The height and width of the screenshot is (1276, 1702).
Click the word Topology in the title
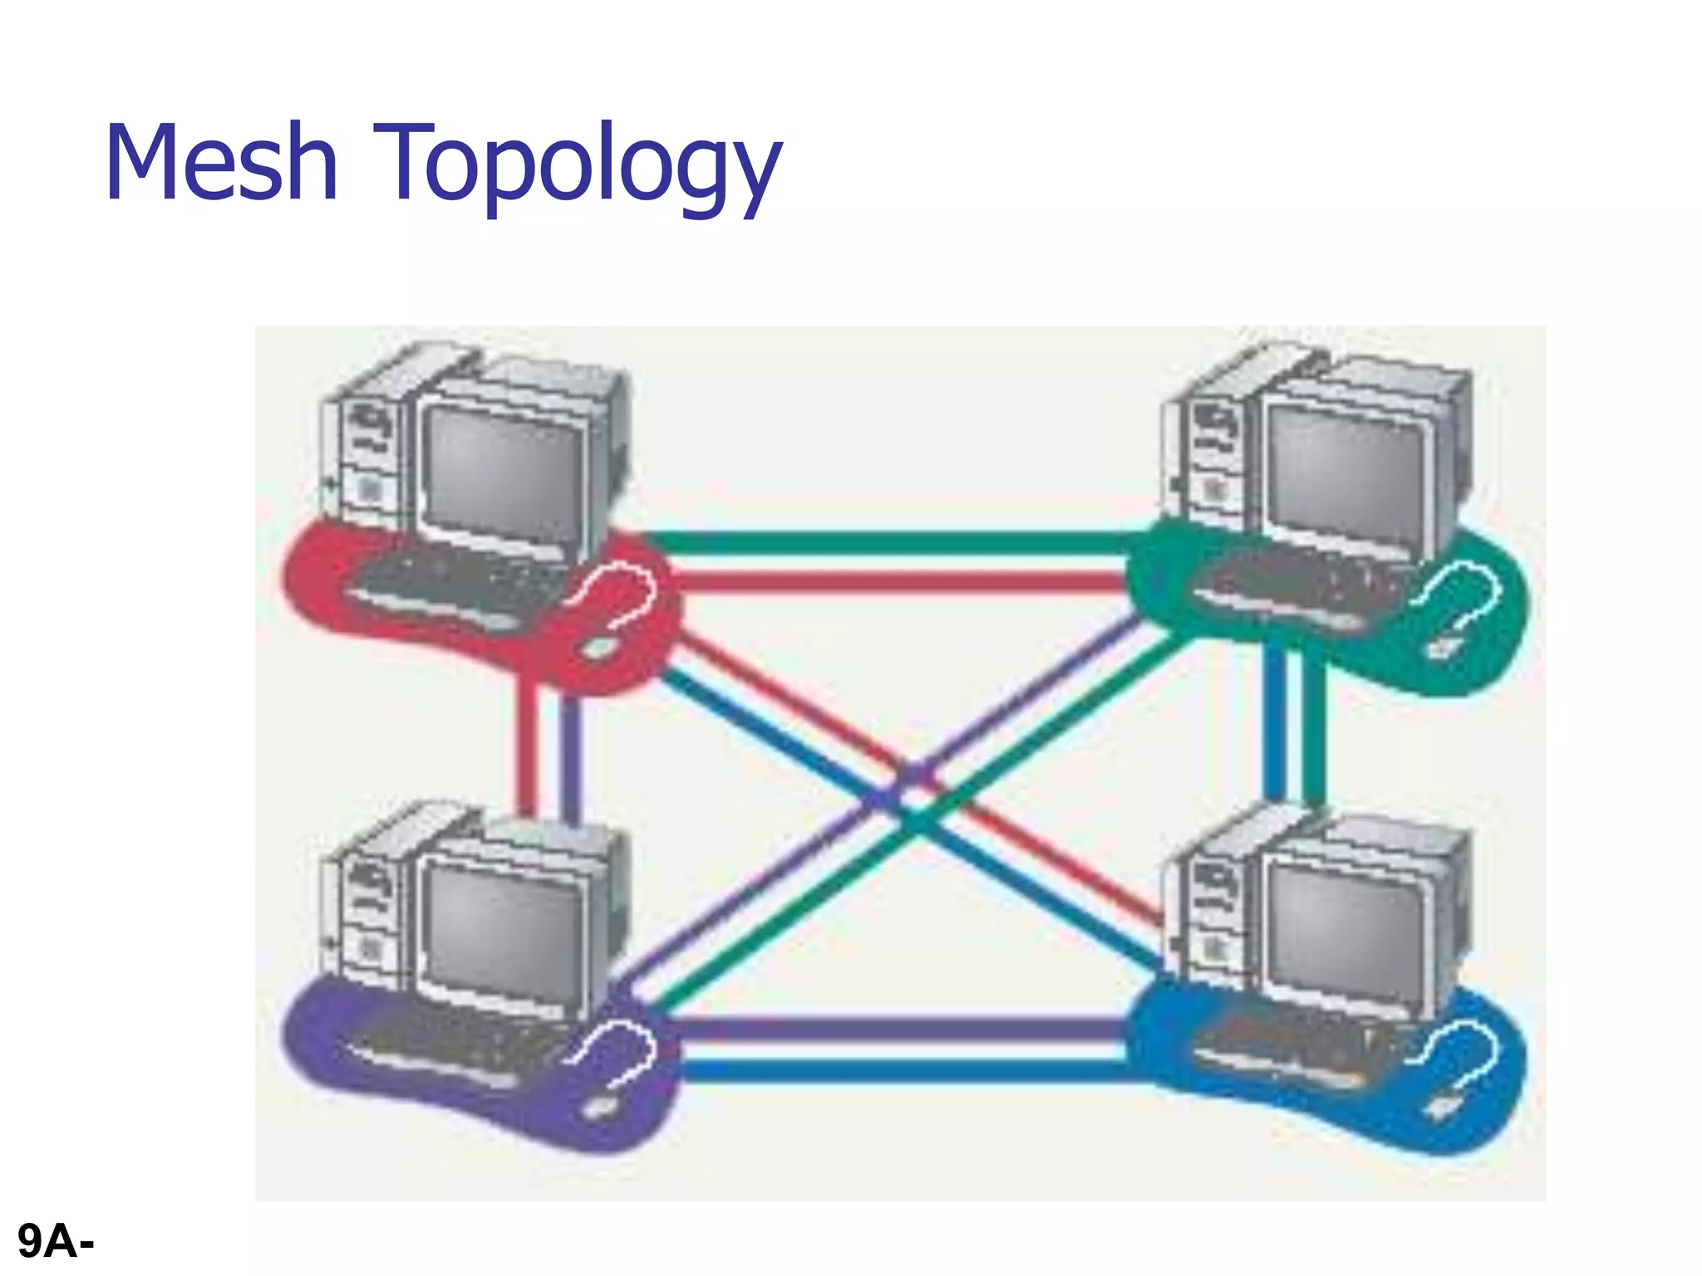[x=578, y=166]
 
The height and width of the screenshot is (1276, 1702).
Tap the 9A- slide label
[x=56, y=1241]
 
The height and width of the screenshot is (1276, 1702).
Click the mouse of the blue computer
[x=1444, y=1107]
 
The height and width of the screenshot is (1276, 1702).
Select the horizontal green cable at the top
[x=898, y=542]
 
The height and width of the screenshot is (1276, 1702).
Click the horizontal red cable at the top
[x=898, y=582]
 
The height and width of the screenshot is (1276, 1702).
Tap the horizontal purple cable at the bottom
[x=898, y=1028]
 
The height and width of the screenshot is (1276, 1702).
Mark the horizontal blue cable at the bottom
[x=898, y=1070]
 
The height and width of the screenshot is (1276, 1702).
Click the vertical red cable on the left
[x=526, y=748]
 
